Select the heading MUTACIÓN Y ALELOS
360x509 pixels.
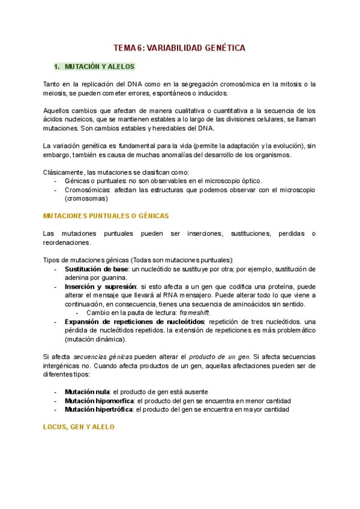pyautogui.click(x=100, y=67)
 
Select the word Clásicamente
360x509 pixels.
pyautogui.click(x=64, y=172)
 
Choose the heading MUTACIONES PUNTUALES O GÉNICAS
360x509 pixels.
pyautogui.click(x=107, y=215)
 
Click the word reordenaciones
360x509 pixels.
pyautogui.click(x=67, y=242)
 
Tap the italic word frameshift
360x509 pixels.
pyautogui.click(x=195, y=313)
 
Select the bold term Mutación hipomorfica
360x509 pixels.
pyautogui.click(x=100, y=401)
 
